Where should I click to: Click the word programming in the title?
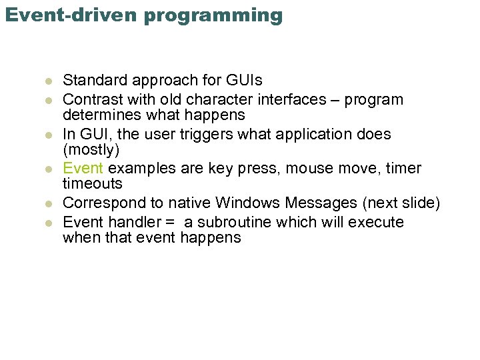coord(220,15)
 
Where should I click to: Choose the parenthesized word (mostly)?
coord(91,150)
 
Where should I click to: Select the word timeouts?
coord(93,184)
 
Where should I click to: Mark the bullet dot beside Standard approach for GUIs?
coord(48,82)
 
